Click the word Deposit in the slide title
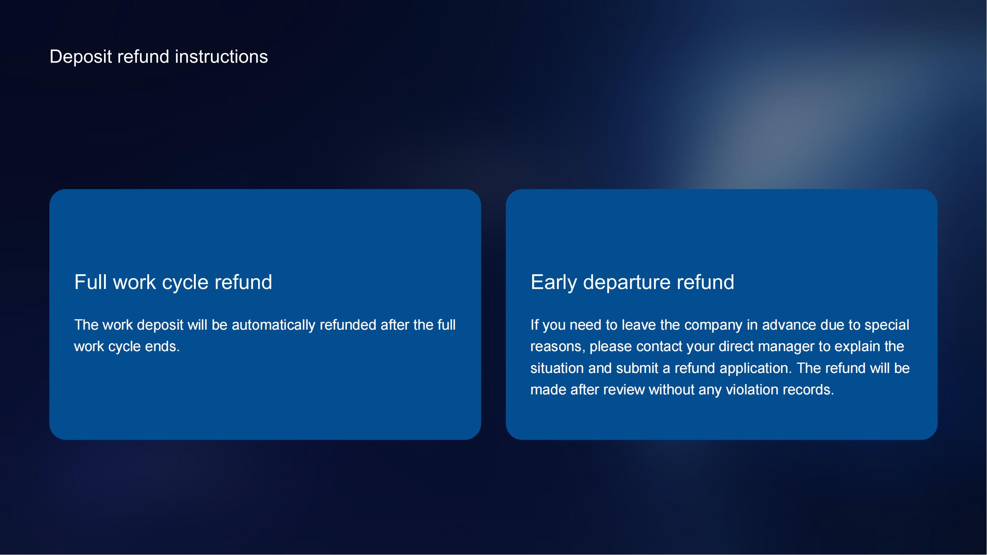coord(81,57)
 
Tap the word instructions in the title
coord(221,57)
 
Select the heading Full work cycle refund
coord(173,283)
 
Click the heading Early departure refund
coord(632,283)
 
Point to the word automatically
coord(273,325)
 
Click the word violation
coord(752,390)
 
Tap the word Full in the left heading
coord(90,282)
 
